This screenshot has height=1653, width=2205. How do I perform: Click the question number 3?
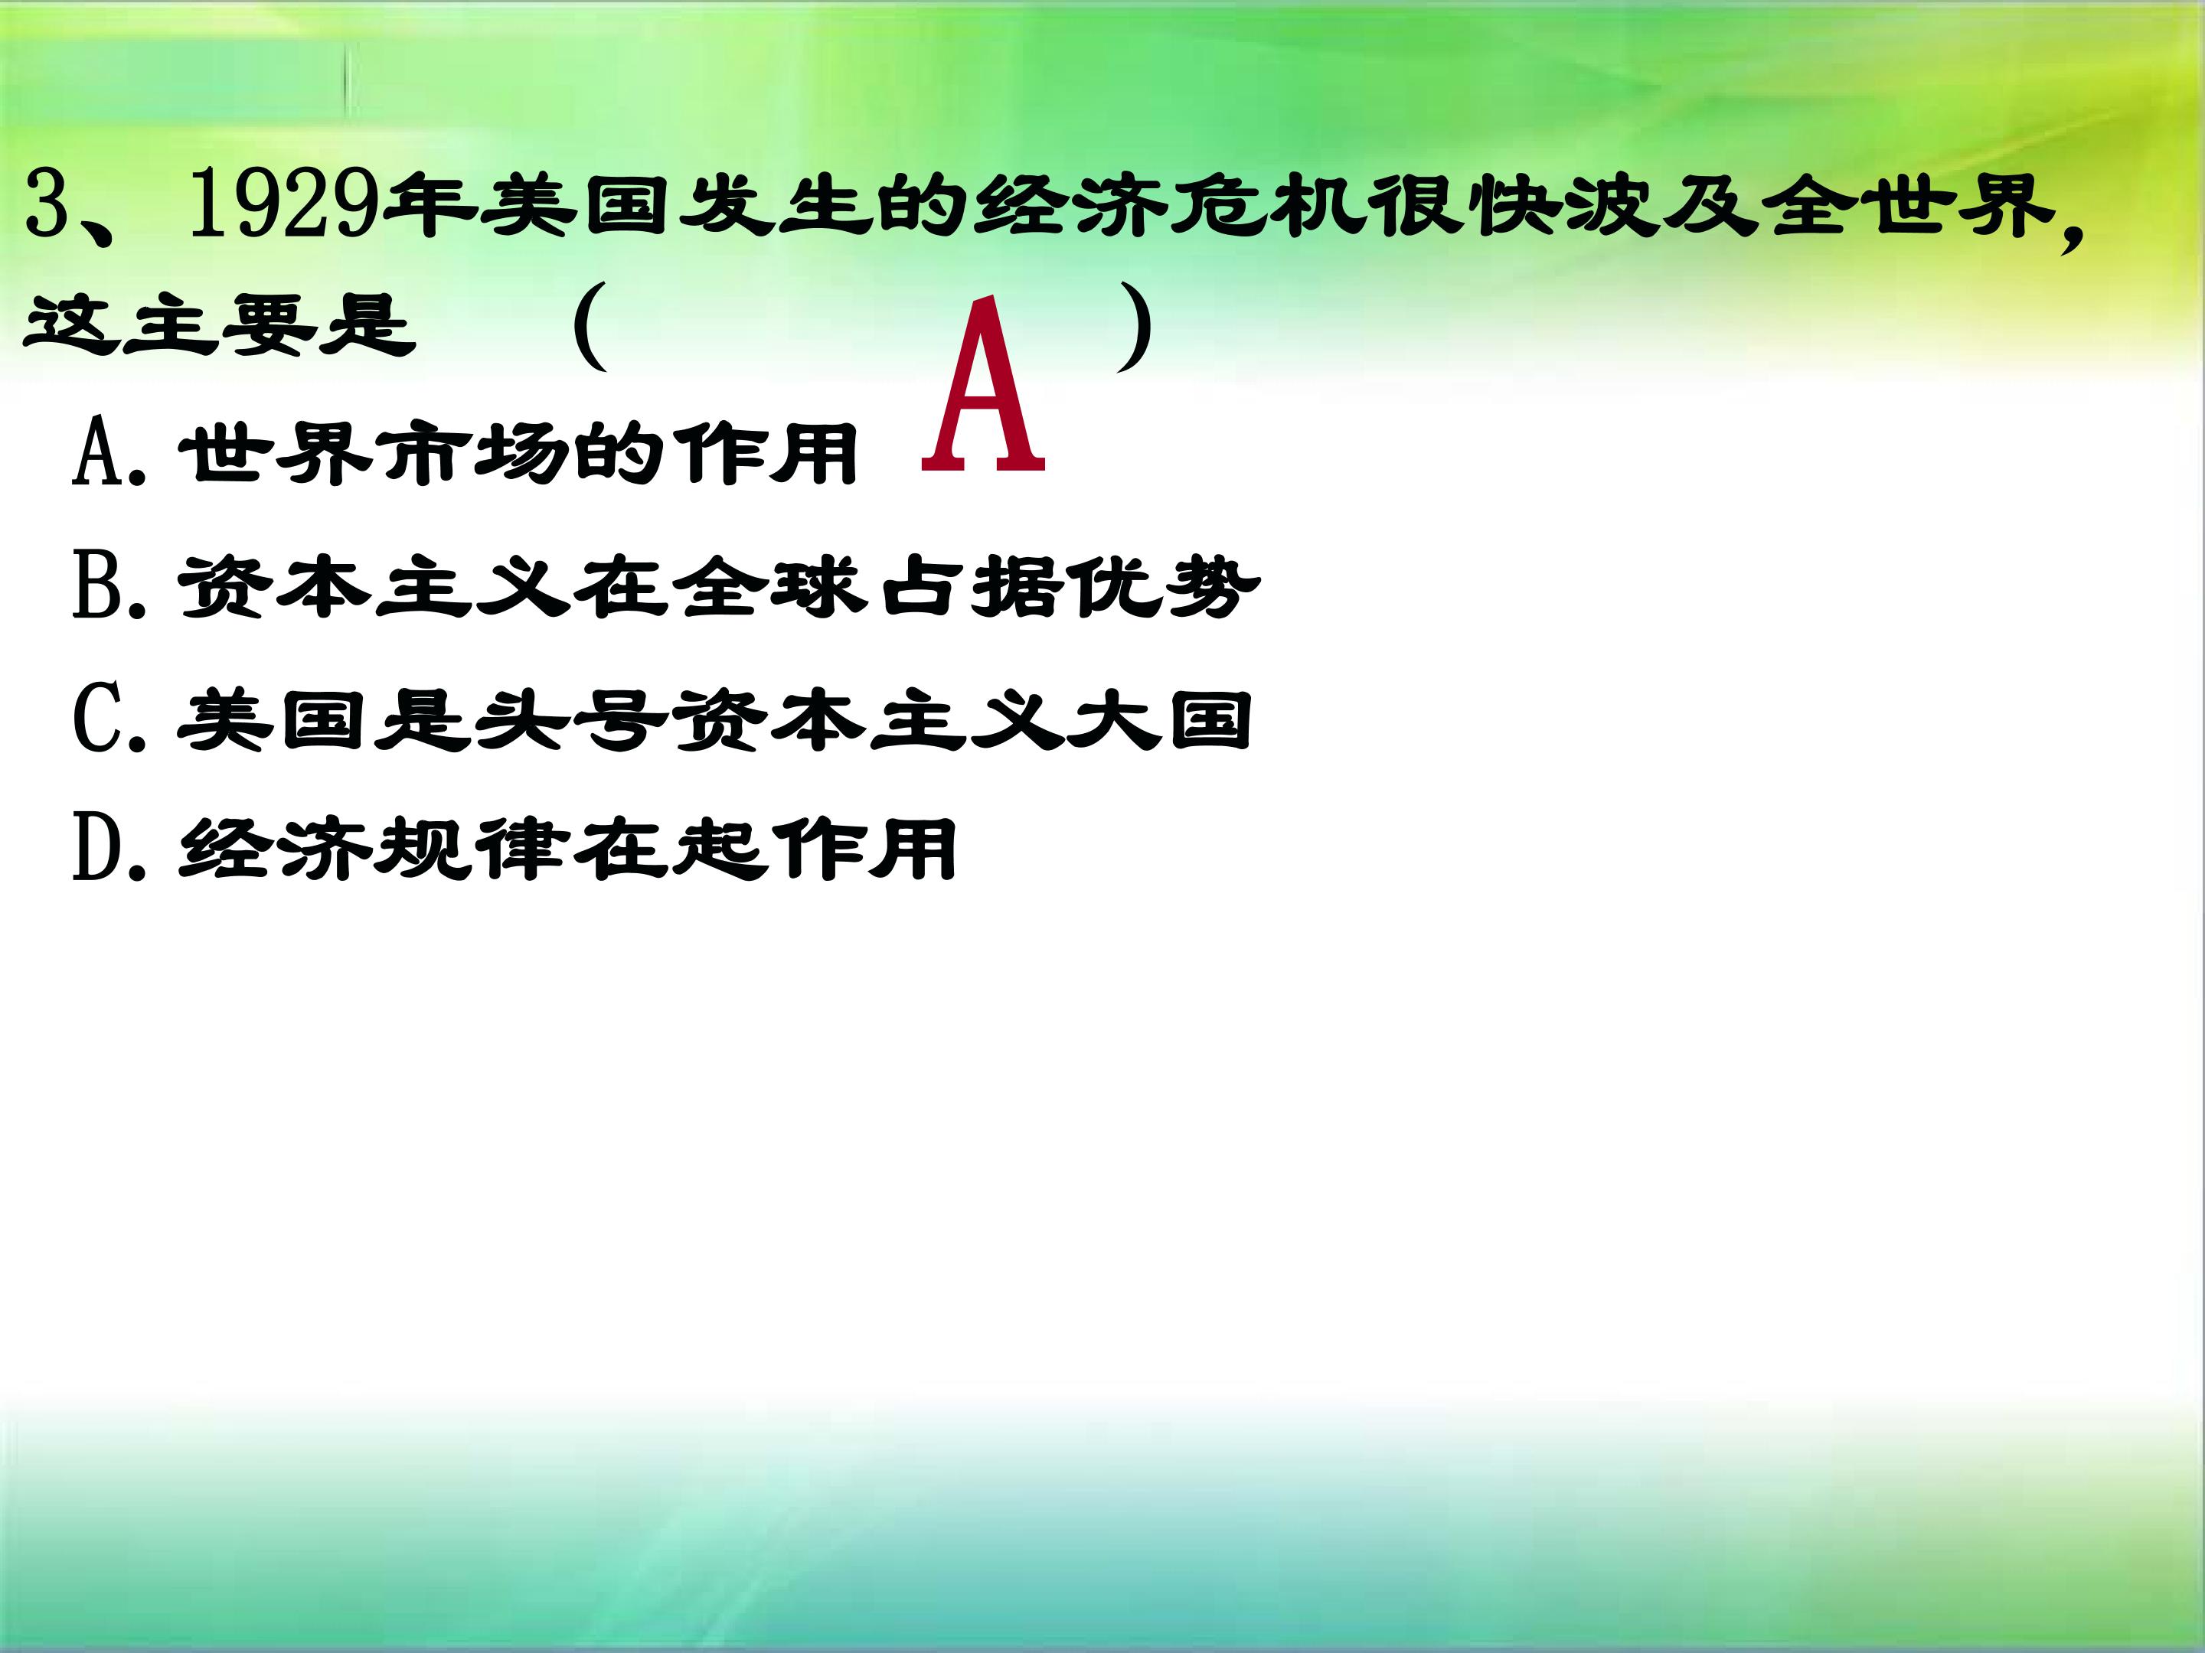click(47, 204)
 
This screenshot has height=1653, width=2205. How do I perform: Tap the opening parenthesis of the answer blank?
click(590, 327)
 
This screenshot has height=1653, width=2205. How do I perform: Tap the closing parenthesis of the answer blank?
click(1135, 327)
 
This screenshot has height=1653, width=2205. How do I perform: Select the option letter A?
click(100, 452)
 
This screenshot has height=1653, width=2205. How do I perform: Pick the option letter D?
click(100, 850)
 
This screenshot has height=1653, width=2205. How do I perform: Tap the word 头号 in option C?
click(571, 719)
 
